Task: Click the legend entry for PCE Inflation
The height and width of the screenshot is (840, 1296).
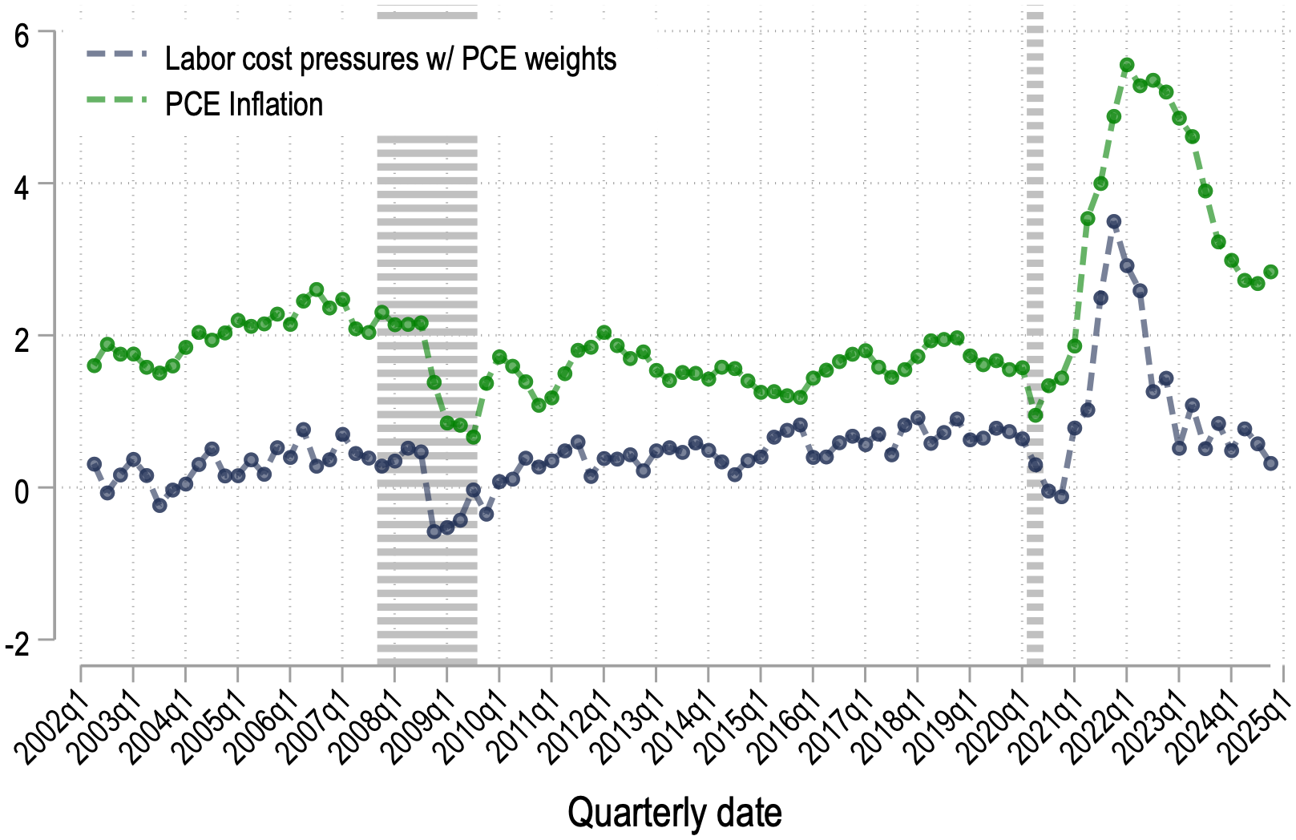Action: click(x=243, y=105)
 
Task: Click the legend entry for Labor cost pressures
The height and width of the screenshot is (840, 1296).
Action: click(x=390, y=59)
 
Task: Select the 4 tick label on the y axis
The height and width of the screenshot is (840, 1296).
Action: click(x=22, y=188)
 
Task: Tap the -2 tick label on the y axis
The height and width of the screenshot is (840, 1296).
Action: click(x=18, y=644)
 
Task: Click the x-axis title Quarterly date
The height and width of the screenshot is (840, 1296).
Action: click(x=674, y=813)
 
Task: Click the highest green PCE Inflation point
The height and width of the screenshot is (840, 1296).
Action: click(x=1127, y=65)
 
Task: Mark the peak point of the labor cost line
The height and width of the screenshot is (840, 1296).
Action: click(x=1114, y=222)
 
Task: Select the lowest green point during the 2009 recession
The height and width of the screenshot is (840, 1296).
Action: click(x=473, y=437)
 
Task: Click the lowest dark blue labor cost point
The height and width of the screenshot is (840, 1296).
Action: click(x=434, y=531)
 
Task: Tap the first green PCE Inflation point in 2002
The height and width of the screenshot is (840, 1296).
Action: click(x=94, y=365)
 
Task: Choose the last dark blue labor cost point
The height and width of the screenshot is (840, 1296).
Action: click(x=1270, y=463)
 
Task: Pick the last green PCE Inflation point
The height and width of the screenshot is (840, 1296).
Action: click(x=1270, y=273)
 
